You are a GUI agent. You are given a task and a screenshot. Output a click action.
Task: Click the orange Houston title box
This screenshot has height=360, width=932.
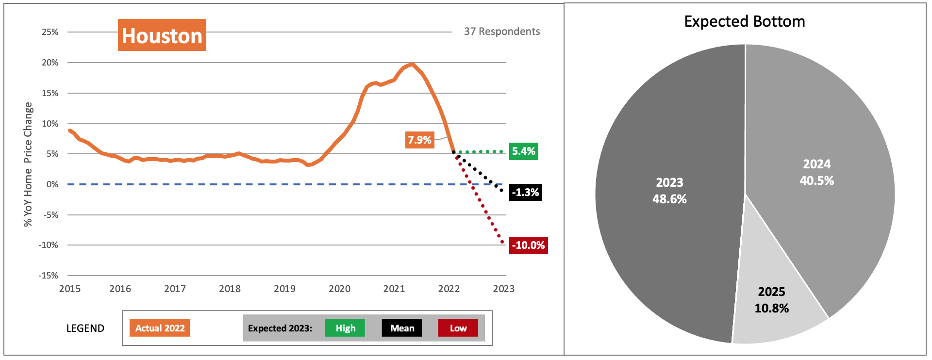tap(162, 35)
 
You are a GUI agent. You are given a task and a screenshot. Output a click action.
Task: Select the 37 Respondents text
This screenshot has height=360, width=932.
tap(501, 32)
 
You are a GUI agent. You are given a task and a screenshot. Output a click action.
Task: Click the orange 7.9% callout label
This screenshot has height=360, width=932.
tap(420, 140)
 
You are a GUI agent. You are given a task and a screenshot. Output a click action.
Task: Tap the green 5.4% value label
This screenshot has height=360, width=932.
tap(523, 151)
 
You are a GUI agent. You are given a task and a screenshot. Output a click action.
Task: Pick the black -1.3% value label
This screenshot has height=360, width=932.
tap(525, 193)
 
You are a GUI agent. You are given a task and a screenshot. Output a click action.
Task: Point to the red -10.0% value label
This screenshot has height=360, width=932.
tap(528, 245)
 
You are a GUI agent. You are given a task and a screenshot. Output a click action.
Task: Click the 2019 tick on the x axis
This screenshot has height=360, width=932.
tap(284, 289)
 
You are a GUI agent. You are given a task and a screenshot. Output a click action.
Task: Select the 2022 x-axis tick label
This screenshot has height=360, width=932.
tap(449, 289)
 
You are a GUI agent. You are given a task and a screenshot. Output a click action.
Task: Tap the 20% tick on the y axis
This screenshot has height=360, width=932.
tap(50, 63)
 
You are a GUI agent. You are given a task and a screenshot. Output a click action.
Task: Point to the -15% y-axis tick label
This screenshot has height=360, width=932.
tap(49, 276)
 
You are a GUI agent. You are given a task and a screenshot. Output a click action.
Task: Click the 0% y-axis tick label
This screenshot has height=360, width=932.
tap(52, 184)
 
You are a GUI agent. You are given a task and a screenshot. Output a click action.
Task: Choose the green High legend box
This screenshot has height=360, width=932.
tap(345, 328)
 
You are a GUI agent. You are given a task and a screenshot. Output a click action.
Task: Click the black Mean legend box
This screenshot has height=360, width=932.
tap(402, 328)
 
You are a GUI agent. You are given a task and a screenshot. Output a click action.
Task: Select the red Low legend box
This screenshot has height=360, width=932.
tap(458, 328)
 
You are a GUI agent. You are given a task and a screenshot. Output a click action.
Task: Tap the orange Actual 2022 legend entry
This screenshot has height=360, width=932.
tap(160, 328)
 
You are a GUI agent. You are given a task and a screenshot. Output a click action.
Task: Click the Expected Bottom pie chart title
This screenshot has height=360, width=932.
tap(744, 21)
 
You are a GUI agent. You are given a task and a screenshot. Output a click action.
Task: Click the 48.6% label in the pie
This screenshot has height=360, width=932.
tap(669, 199)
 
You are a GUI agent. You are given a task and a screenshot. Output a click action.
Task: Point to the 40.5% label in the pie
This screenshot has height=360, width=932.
tap(816, 181)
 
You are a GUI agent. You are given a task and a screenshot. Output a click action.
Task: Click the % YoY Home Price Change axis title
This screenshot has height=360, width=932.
tap(28, 164)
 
